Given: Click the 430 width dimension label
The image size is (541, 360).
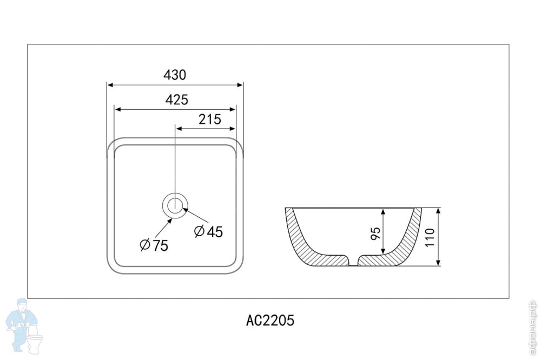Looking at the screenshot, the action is [175, 75].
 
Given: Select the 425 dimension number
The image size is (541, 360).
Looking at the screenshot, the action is [177, 100].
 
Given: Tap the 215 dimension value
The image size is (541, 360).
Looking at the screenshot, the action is [209, 119].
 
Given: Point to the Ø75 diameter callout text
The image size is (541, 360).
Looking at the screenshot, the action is [154, 245].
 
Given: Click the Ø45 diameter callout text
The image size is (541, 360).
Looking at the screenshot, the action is [208, 231].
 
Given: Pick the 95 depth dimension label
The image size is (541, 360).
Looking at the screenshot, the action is [375, 234].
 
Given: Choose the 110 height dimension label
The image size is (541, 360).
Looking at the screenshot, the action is [430, 238].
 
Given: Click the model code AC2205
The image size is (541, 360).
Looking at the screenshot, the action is [270, 321].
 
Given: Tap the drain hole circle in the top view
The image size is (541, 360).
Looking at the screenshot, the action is [175, 205].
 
